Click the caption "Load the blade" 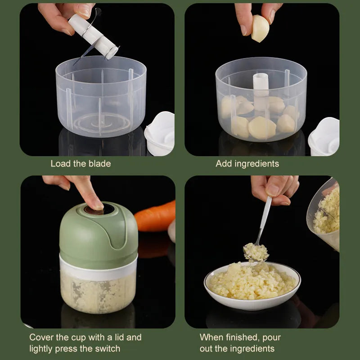click(81, 164)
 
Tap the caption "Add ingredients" click(247, 164)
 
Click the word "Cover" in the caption click(42, 337)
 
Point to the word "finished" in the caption click(244, 337)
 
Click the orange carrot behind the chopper click(155, 216)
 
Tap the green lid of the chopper click(99, 234)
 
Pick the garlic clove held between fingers click(260, 28)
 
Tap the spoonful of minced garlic click(256, 252)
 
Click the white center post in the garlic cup click(261, 90)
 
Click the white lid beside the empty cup click(160, 134)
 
